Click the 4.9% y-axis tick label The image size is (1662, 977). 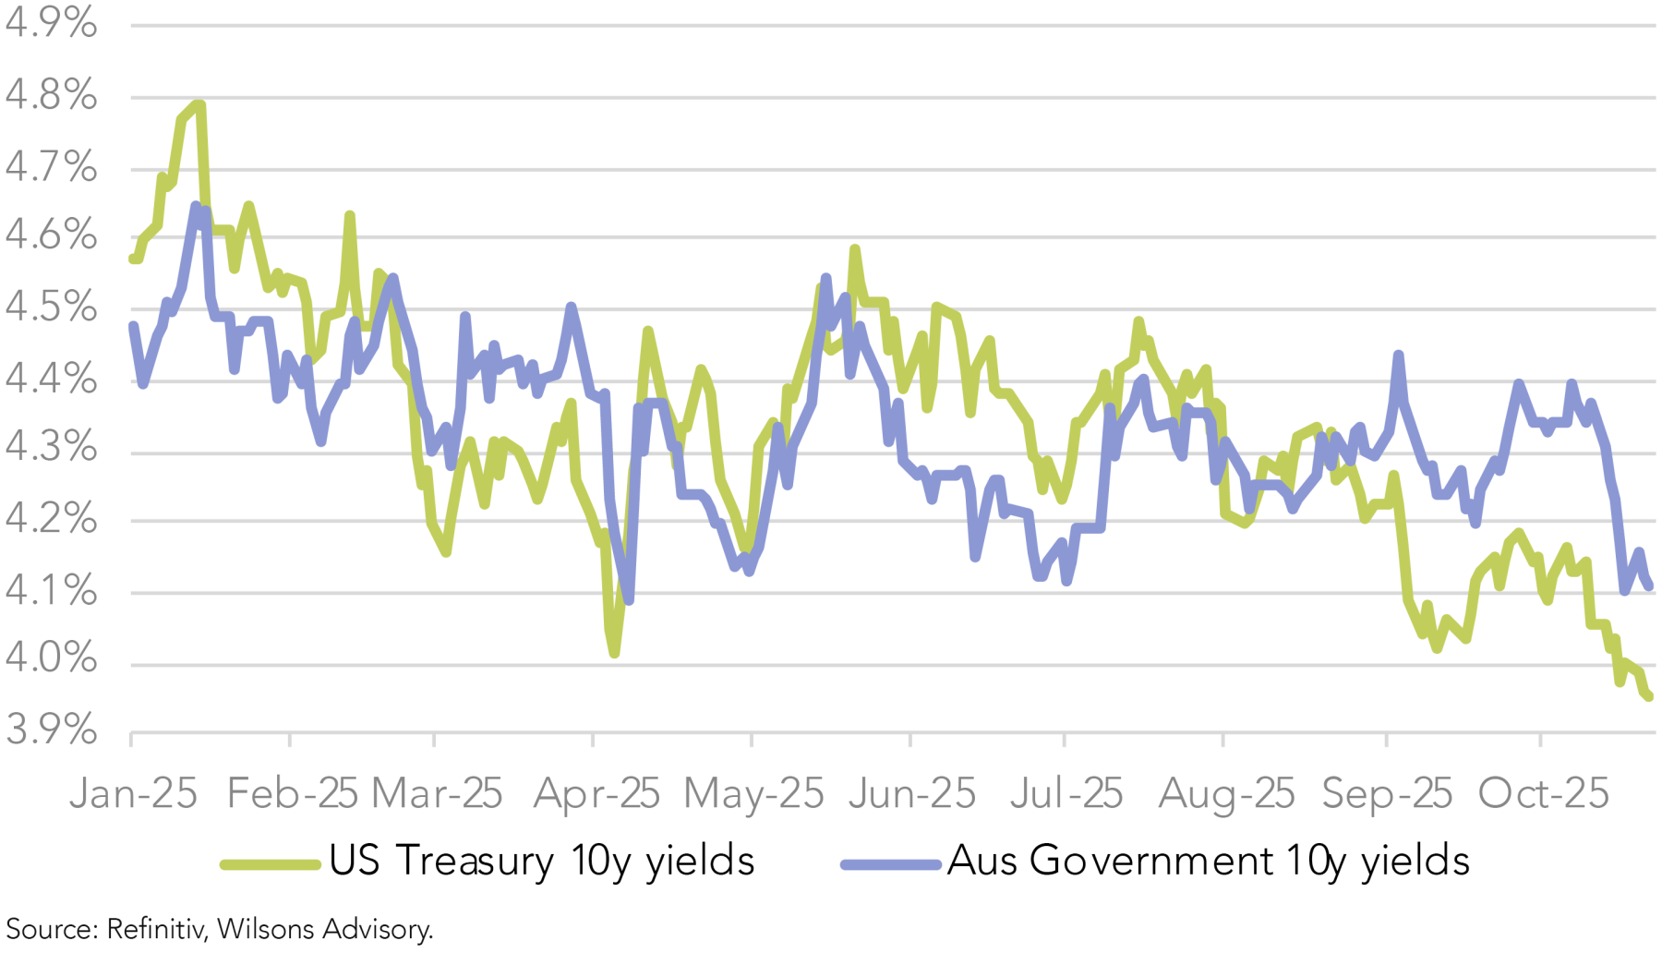pos(51,24)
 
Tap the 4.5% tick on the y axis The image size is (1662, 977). pos(51,308)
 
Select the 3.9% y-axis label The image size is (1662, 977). pos(51,730)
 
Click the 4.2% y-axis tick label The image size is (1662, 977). pos(51,519)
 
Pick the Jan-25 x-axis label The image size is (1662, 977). pos(133,794)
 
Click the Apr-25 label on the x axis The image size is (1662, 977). pos(596,794)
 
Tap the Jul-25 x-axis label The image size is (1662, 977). pos(1066,794)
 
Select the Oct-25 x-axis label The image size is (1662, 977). pos(1544,794)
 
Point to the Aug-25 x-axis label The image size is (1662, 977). pos(1226,794)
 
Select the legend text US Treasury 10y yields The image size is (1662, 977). pos(542,862)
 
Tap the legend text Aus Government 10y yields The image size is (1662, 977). pos(1208,862)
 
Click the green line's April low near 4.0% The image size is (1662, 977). pos(615,653)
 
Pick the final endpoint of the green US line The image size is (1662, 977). pos(1649,697)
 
